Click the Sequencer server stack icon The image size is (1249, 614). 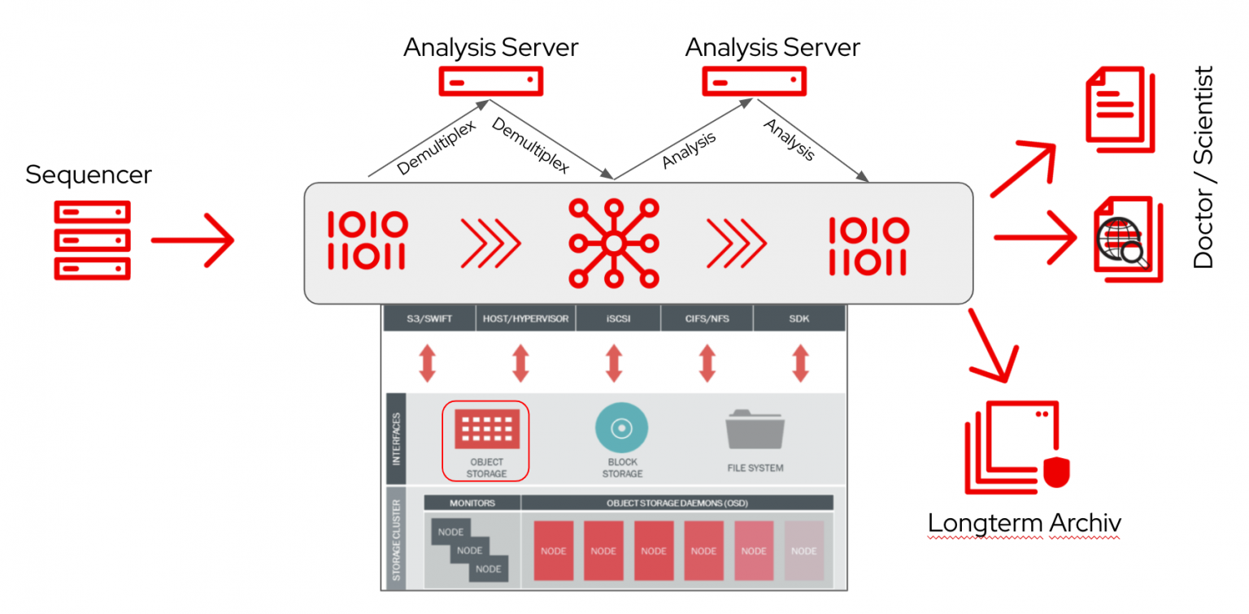[x=92, y=240]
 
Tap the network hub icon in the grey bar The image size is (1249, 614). [x=614, y=242]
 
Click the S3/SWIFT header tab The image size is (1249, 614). [x=429, y=319]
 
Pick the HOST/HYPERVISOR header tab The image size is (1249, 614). [x=525, y=319]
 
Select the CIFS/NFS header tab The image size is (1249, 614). [x=707, y=319]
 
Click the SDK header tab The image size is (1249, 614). [x=799, y=319]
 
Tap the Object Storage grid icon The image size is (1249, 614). [x=486, y=428]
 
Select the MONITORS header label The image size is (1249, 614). [x=472, y=503]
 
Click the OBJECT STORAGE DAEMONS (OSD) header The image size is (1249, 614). [x=677, y=503]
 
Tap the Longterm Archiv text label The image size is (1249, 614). [x=1024, y=523]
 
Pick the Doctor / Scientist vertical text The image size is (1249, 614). [x=1203, y=167]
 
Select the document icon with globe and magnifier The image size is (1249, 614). [x=1123, y=239]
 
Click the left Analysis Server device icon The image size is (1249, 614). [x=490, y=81]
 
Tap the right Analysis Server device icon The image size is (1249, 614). [x=754, y=81]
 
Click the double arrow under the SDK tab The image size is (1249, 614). [x=800, y=363]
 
